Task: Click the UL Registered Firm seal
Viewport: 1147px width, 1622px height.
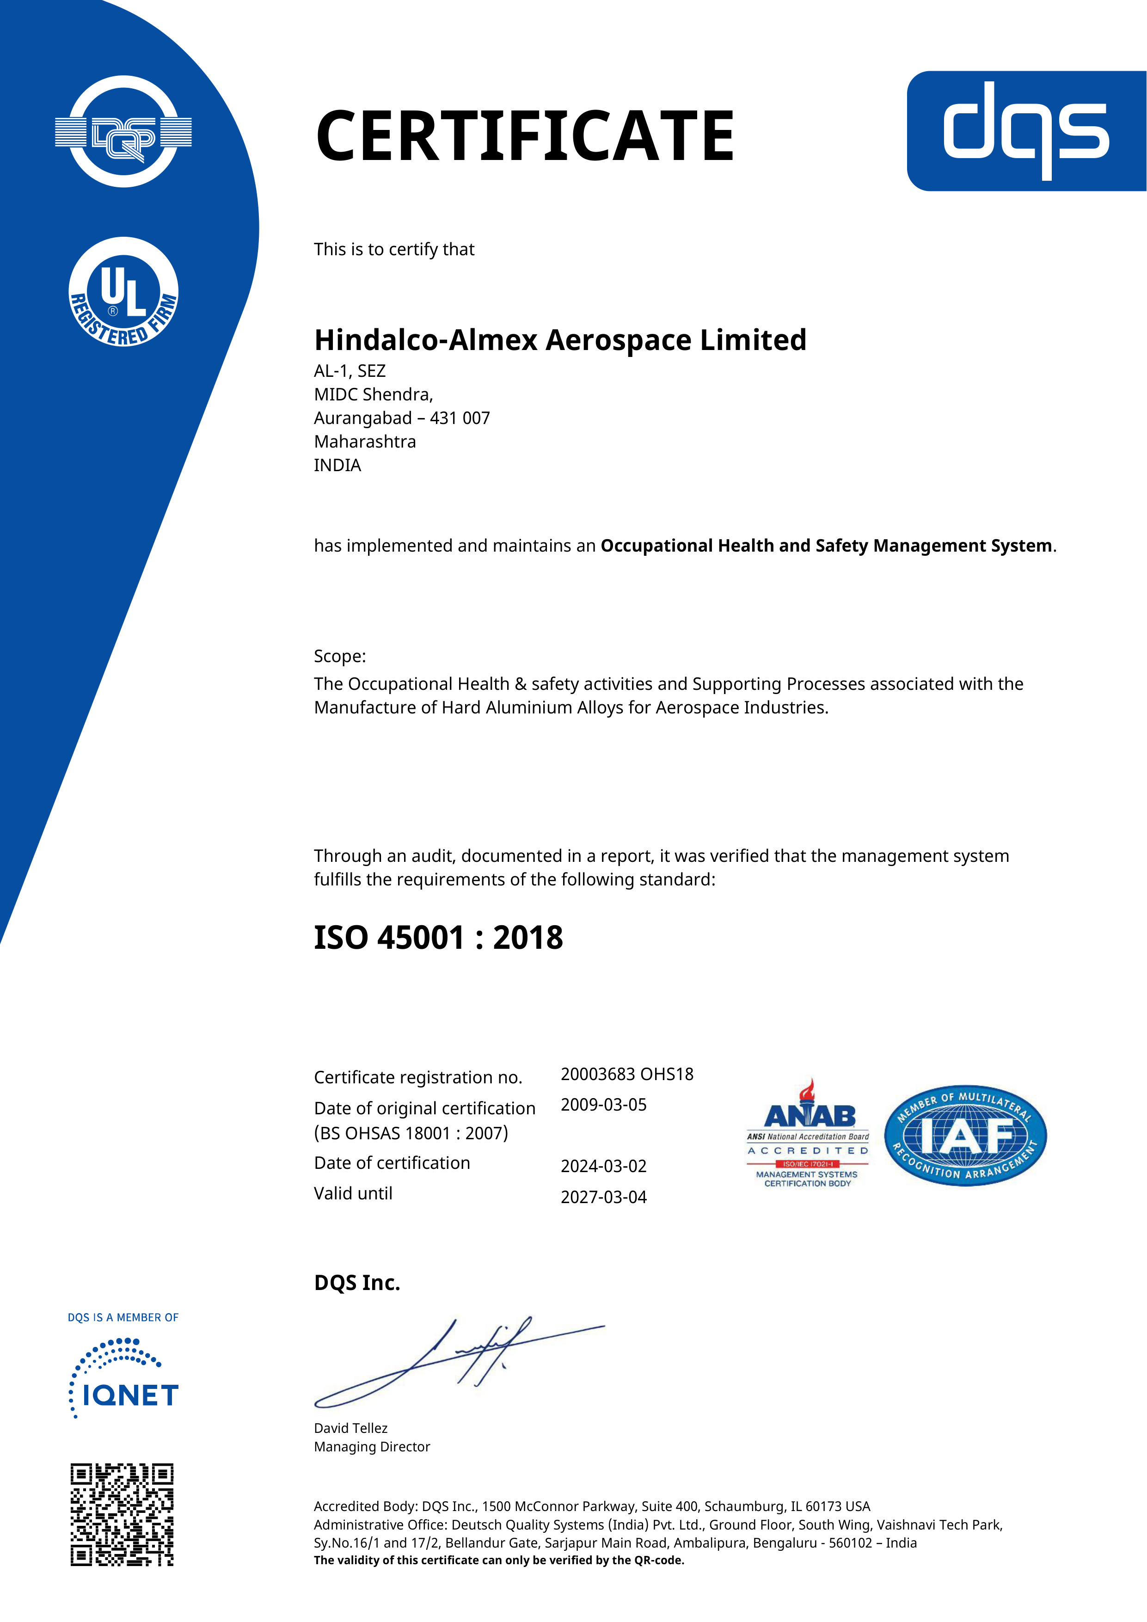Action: pyautogui.click(x=123, y=292)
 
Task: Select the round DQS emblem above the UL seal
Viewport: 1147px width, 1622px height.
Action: pyautogui.click(x=123, y=132)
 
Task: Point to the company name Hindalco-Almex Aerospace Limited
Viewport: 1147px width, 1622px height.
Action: pyautogui.click(x=560, y=340)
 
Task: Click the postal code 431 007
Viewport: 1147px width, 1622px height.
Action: pyautogui.click(x=460, y=418)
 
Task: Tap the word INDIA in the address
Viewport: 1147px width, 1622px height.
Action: pyautogui.click(x=337, y=466)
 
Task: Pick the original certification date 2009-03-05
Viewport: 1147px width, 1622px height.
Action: pyautogui.click(x=604, y=1105)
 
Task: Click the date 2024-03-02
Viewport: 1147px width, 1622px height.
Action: pyautogui.click(x=604, y=1167)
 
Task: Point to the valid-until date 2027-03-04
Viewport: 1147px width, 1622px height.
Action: pyautogui.click(x=604, y=1198)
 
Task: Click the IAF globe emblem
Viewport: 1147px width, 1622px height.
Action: pyautogui.click(x=965, y=1136)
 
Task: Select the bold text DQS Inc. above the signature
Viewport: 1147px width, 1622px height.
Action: pyautogui.click(x=357, y=1284)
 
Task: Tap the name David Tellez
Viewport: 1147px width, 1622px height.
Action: pyautogui.click(x=351, y=1428)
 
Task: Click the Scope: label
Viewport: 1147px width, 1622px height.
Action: pyautogui.click(x=340, y=656)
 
